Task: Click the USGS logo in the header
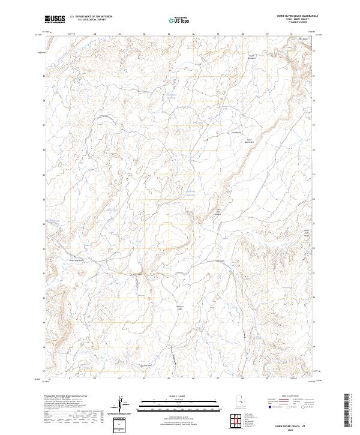55,19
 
